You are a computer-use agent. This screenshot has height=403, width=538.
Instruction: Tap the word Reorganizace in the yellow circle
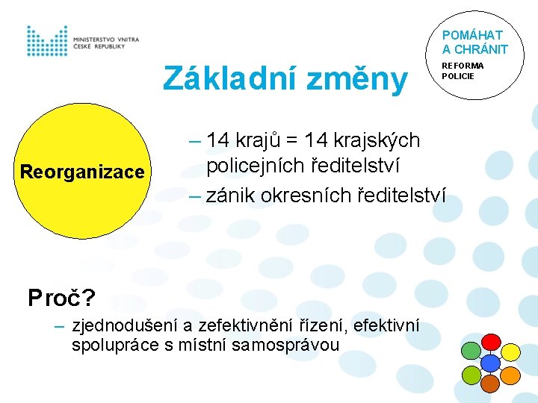point(82,172)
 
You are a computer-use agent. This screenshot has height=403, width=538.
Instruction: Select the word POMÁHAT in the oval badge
point(472,35)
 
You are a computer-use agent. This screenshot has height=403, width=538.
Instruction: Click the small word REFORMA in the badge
point(463,66)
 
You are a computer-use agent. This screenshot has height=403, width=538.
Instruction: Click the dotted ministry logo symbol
point(47,41)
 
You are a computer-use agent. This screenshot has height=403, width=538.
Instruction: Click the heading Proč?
point(61,299)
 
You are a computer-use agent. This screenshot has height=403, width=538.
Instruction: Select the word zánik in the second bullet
point(226,196)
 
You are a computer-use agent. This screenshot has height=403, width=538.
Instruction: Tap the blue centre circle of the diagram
point(489,363)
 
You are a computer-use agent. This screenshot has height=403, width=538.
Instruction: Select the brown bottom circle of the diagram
point(489,383)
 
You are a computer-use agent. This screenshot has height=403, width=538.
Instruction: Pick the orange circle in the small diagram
point(510,375)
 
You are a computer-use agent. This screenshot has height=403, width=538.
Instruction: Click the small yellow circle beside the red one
point(510,352)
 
